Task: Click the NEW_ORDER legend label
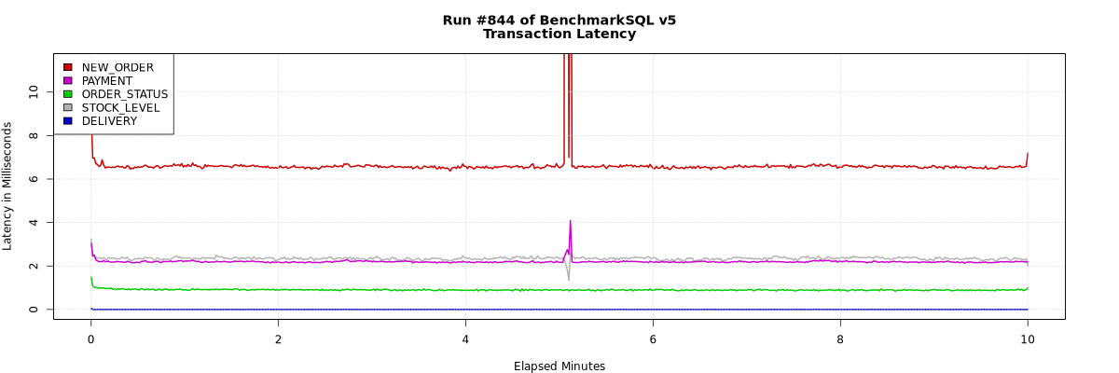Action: [x=117, y=67]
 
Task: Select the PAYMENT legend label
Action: [x=107, y=81]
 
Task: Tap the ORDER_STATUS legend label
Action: [x=125, y=94]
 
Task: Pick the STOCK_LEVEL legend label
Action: [x=120, y=108]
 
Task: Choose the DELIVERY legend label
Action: [x=109, y=121]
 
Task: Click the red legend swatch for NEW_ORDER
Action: [x=68, y=67]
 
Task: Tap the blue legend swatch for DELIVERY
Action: [x=68, y=121]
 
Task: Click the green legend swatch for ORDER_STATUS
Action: [x=68, y=94]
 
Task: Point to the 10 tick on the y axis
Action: [x=35, y=91]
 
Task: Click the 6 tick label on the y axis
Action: [x=35, y=178]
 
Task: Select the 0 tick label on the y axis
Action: [x=35, y=310]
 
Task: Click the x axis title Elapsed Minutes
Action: [x=559, y=366]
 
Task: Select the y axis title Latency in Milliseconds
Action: [x=8, y=186]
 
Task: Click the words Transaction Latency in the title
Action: [x=559, y=35]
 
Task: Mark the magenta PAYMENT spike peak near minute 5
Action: [x=570, y=222]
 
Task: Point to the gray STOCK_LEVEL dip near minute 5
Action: [x=568, y=280]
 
